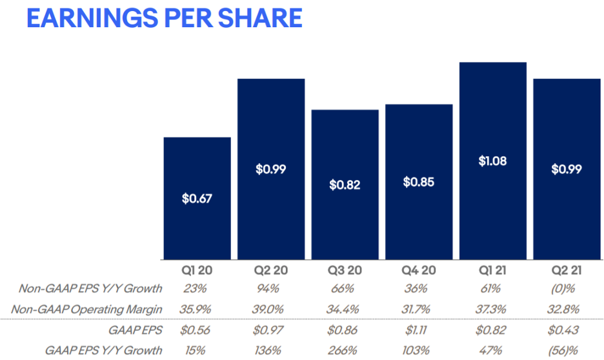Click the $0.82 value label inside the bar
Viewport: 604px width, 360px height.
click(345, 185)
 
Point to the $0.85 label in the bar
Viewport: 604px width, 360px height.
click(419, 182)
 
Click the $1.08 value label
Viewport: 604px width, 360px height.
click(493, 161)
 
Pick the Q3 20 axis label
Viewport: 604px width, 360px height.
click(345, 270)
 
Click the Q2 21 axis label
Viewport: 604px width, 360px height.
click(567, 270)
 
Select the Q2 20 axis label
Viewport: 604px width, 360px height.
click(271, 270)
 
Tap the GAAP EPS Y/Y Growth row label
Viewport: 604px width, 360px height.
click(104, 350)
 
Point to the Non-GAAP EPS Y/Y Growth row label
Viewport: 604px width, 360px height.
click(90, 288)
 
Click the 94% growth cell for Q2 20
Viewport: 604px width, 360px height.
click(271, 288)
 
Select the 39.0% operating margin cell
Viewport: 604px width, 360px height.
click(271, 308)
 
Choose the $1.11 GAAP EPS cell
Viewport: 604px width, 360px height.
click(419, 330)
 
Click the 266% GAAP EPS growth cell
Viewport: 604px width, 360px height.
click(345, 350)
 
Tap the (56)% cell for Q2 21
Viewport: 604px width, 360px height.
click(567, 350)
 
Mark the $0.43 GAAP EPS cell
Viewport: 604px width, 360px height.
click(567, 330)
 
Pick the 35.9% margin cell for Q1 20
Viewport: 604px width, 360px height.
click(197, 308)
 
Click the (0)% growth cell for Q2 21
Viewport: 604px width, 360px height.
click(567, 288)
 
